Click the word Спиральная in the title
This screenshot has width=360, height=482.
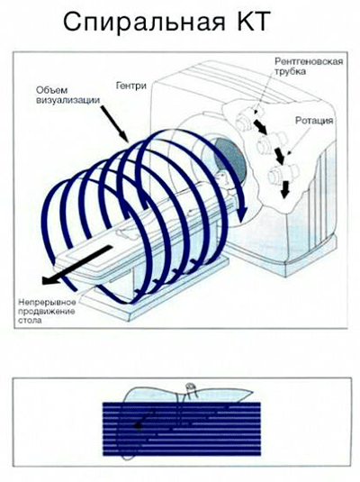144,23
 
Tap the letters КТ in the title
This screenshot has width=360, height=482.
252,21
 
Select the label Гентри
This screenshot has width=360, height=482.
131,86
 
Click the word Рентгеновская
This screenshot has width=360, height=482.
309,61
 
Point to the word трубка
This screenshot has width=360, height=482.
291,72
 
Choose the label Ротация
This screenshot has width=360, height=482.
314,121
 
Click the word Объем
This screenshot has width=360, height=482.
51,90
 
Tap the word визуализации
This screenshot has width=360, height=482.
68,100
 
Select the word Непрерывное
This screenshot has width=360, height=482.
47,302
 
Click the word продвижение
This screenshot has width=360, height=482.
47,311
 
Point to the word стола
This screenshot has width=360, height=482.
30,321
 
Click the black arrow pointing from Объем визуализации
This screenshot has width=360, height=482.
114,123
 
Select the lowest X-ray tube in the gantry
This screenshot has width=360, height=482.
283,174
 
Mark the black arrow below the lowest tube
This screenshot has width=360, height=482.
285,189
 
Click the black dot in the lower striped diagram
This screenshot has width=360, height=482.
139,426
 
